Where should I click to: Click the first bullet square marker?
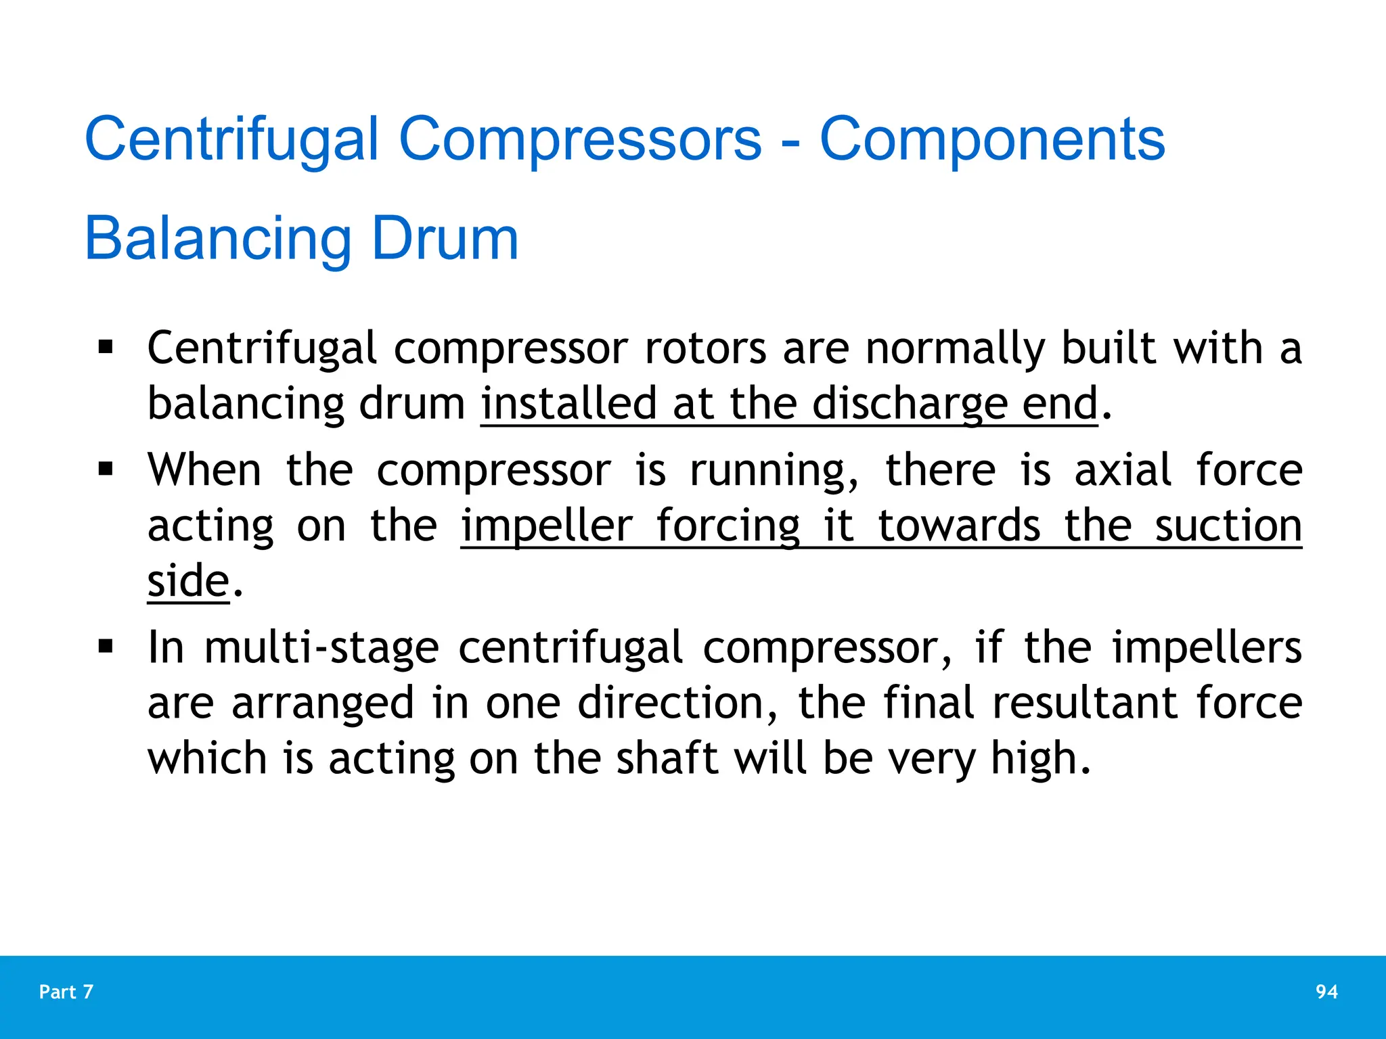click(106, 348)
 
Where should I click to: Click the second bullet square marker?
click(106, 469)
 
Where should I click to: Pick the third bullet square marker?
click(106, 646)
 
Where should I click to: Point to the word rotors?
click(706, 348)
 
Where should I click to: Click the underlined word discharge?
click(910, 404)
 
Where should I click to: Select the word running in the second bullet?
click(774, 471)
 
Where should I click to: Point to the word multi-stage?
click(321, 648)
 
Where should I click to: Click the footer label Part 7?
click(66, 992)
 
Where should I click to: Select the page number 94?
click(1326, 992)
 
